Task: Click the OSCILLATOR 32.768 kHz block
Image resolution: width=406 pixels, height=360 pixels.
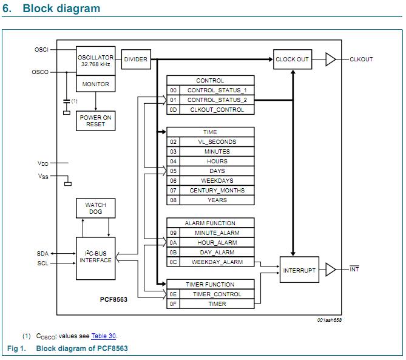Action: click(x=95, y=61)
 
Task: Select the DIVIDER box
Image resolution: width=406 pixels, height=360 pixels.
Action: click(x=135, y=59)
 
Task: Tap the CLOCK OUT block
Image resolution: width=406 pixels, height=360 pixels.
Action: click(x=293, y=59)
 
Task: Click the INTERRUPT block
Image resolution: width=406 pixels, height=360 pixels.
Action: click(x=299, y=270)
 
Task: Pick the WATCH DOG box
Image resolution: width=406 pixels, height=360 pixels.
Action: click(x=95, y=209)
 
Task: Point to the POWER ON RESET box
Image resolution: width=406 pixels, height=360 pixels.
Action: click(x=95, y=121)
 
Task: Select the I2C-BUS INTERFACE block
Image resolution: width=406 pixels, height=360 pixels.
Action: click(x=95, y=257)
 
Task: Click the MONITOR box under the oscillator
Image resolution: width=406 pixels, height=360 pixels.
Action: click(x=95, y=84)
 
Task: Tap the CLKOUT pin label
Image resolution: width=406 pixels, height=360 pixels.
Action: click(x=361, y=59)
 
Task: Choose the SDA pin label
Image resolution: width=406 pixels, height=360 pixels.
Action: click(x=42, y=253)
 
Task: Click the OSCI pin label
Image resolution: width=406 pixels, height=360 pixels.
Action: click(x=41, y=49)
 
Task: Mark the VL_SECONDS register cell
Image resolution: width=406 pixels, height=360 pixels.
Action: click(x=217, y=142)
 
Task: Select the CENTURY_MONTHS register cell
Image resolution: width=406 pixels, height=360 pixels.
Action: click(x=217, y=191)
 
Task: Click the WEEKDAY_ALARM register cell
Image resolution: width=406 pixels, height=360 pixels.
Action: click(x=217, y=262)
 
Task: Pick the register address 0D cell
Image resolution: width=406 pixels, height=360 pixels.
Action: click(x=174, y=110)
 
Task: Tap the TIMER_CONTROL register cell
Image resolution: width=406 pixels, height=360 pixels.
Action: click(x=217, y=294)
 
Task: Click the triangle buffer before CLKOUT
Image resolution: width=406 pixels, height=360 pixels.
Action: click(x=330, y=59)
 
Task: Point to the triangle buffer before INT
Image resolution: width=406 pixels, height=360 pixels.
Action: click(x=330, y=270)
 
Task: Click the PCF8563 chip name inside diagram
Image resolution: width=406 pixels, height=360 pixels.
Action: click(x=113, y=299)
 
